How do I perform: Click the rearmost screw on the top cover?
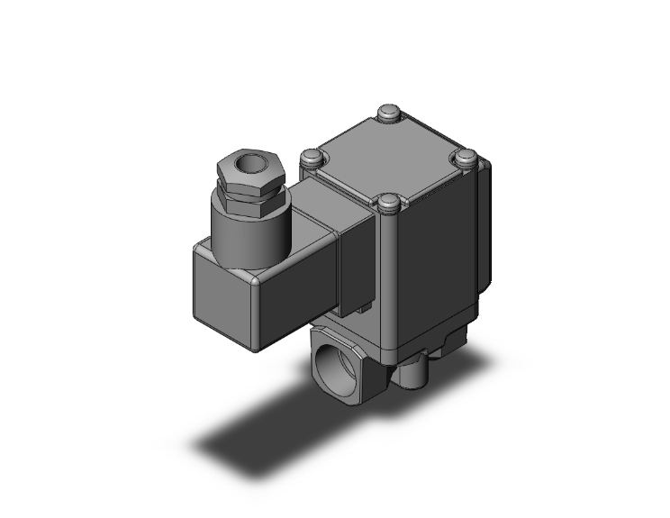click(389, 114)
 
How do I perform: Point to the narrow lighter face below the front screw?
click(388, 279)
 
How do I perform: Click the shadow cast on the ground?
click(270, 432)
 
